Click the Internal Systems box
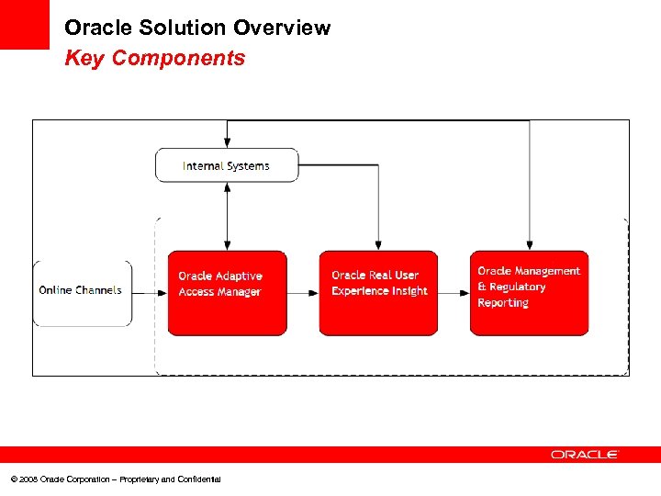click(227, 165)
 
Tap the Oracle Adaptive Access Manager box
click(227, 293)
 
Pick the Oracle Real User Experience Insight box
click(378, 293)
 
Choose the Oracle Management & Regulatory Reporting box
click(529, 293)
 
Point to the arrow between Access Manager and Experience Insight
click(302, 293)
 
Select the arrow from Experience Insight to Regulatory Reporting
click(454, 293)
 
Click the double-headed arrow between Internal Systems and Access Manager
click(227, 216)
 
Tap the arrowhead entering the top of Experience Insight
click(378, 244)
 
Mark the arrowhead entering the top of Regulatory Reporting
click(530, 244)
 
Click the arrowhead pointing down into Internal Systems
click(227, 142)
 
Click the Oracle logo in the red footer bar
click(585, 455)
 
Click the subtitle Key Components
click(154, 59)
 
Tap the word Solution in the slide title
click(171, 28)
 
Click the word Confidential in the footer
click(197, 479)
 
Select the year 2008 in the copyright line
click(27, 479)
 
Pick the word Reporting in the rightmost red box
click(503, 303)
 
